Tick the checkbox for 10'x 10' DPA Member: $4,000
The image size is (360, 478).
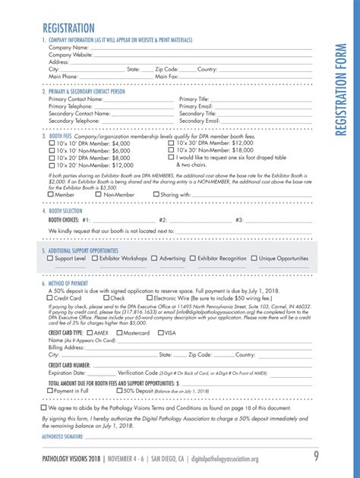click(52, 143)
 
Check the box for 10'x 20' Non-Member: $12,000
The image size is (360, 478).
click(52, 165)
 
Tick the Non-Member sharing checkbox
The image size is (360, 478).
click(98, 195)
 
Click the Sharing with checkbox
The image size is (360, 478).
click(155, 195)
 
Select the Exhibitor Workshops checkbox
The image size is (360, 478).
click(95, 259)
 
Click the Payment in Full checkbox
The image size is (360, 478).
click(52, 392)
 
